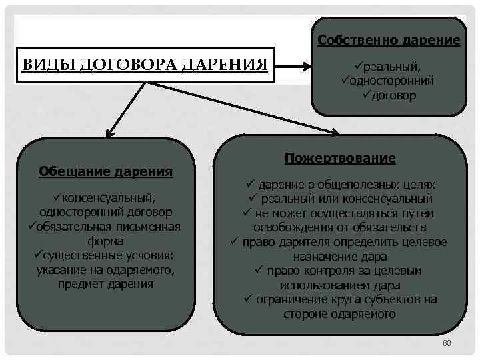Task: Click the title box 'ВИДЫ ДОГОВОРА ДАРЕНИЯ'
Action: coord(145,65)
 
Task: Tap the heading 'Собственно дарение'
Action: coord(389,40)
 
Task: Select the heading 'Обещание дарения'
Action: coord(106,171)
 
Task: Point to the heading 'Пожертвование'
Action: coord(340,159)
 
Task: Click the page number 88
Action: coord(447,343)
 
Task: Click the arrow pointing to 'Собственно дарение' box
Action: coord(304,66)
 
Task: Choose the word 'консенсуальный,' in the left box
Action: coord(109,198)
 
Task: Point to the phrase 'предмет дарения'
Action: coord(105,284)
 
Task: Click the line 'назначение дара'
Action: coord(339,256)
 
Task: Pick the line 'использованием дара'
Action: coord(339,285)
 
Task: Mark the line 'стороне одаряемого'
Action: coord(339,314)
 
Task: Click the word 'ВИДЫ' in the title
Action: coord(41,65)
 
